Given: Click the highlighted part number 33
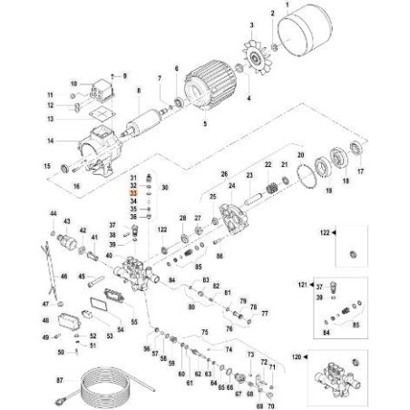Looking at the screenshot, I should pos(133,194).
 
